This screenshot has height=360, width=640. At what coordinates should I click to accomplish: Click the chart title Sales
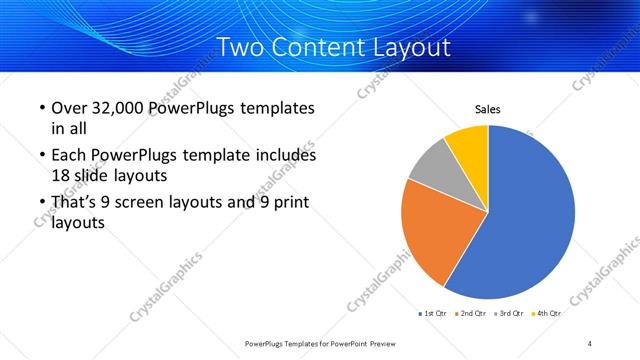(x=487, y=109)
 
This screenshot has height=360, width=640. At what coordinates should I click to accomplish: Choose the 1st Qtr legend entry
(x=433, y=313)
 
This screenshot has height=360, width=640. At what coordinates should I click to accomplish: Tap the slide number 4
(x=590, y=343)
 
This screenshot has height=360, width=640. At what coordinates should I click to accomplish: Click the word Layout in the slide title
(x=408, y=47)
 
